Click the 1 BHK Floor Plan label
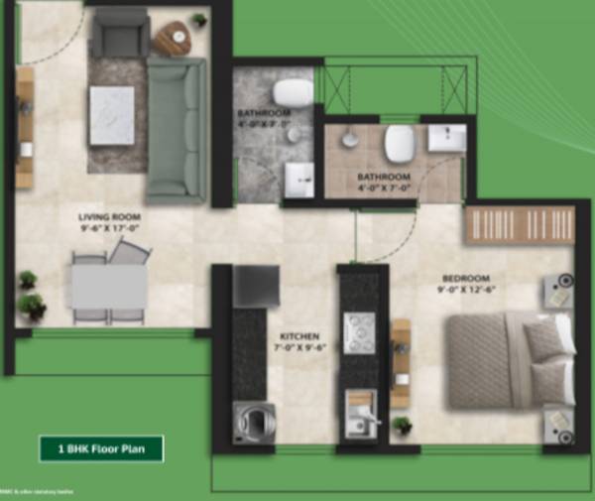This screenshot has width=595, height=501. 101,448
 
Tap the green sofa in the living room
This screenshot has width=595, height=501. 178,127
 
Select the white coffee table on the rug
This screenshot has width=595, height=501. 112,115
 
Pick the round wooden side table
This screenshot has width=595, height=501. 173,39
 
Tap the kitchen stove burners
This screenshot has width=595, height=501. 358,327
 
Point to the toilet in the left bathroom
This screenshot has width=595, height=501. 293,92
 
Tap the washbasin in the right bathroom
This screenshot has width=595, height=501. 446,137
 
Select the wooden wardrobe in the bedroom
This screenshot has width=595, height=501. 520,225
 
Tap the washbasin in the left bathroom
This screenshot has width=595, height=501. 299,179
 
